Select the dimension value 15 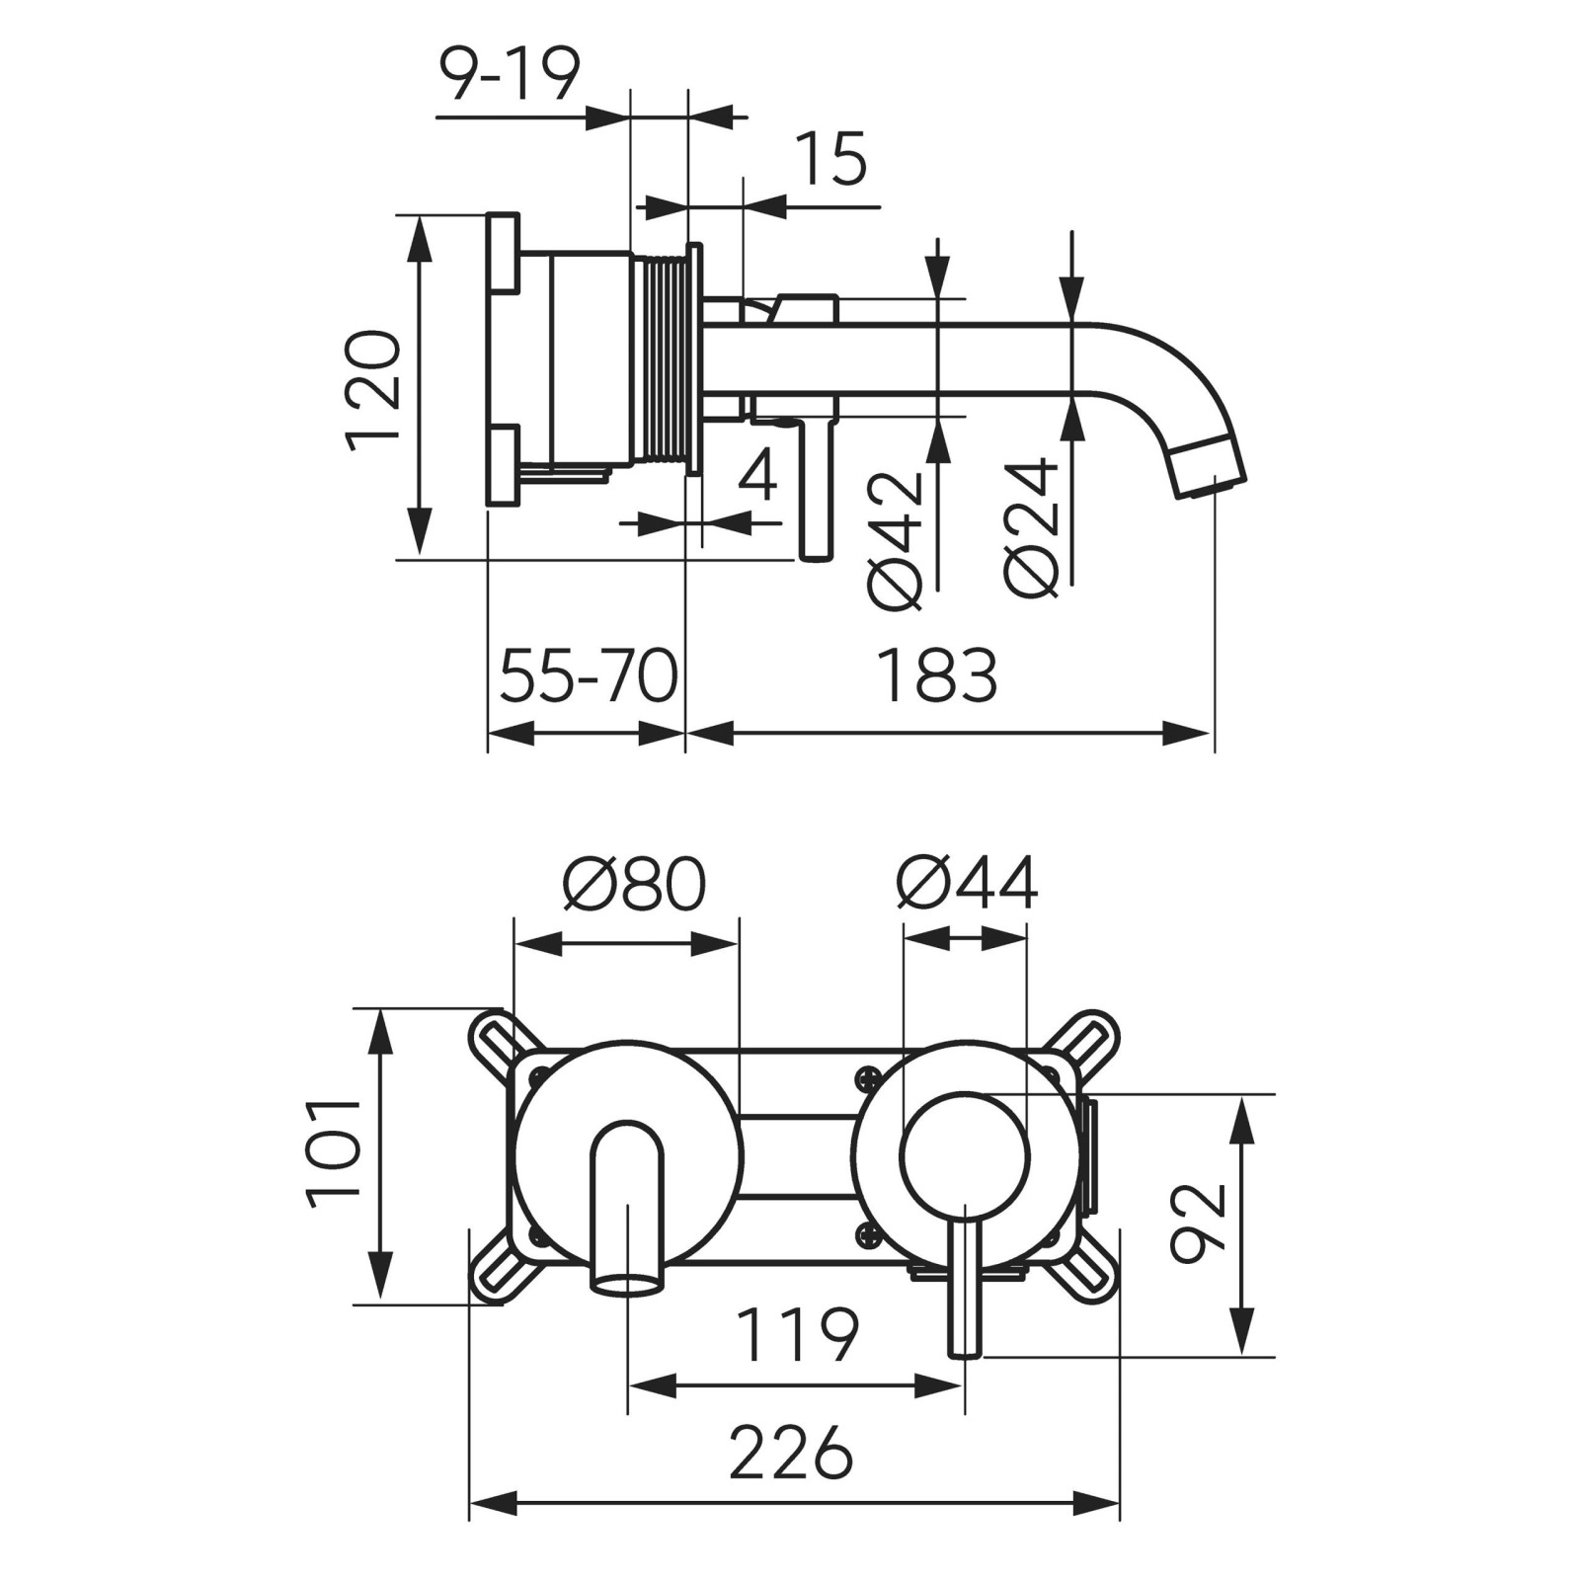[x=830, y=160]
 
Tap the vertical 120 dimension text [x=374, y=391]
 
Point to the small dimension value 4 [x=757, y=475]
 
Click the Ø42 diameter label [x=897, y=539]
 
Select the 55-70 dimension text [x=589, y=676]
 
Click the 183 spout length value [x=937, y=676]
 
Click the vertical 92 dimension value [x=1198, y=1224]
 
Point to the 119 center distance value [x=798, y=1335]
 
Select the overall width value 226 [x=791, y=1453]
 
